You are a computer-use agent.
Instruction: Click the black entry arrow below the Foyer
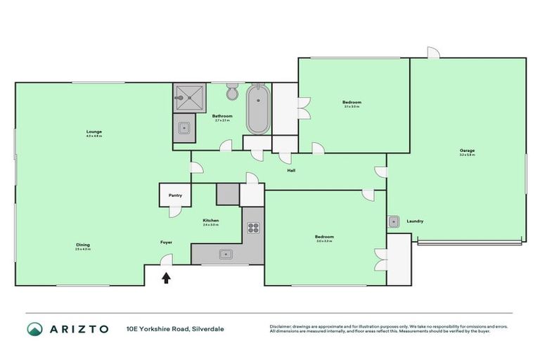click(x=166, y=278)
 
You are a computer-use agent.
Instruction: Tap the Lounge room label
click(x=94, y=131)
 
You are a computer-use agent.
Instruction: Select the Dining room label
click(x=83, y=245)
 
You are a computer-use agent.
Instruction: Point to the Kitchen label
click(x=211, y=220)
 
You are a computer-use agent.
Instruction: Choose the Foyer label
click(x=166, y=242)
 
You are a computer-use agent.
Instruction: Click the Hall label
click(x=290, y=170)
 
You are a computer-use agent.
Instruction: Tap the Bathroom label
click(x=224, y=116)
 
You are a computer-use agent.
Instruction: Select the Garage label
click(x=467, y=150)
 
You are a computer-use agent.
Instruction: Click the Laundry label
click(x=415, y=221)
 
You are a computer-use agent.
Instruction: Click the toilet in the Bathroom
click(x=233, y=94)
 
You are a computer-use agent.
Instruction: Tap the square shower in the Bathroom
click(x=191, y=97)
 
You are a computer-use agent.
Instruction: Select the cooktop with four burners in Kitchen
click(x=253, y=227)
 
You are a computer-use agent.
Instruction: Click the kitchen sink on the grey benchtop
click(x=226, y=254)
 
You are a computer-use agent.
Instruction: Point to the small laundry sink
click(x=394, y=221)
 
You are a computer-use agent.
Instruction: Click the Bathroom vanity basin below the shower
click(x=184, y=129)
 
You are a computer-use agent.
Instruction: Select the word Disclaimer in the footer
click(x=283, y=326)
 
